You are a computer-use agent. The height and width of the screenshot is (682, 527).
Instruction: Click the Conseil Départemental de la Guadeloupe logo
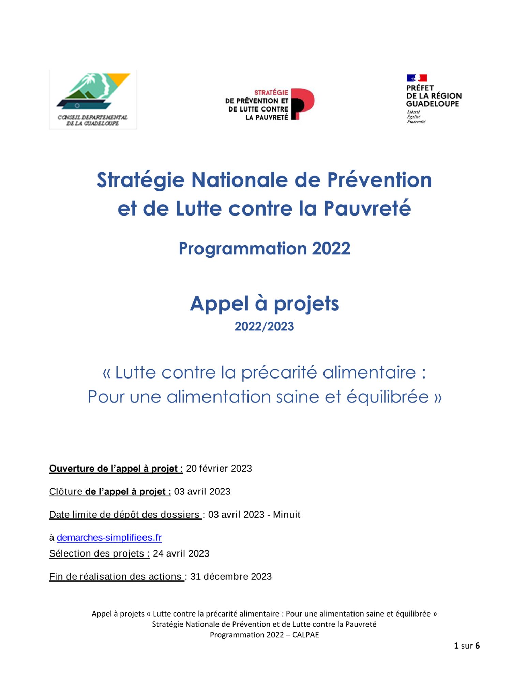tap(93, 99)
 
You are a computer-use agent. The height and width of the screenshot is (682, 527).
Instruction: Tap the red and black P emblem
tap(302, 104)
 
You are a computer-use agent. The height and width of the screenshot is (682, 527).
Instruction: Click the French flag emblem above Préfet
tap(417, 78)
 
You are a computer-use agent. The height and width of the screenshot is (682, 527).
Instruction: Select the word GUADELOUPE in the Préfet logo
tap(432, 104)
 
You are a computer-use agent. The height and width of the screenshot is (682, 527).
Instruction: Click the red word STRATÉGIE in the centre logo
tap(271, 92)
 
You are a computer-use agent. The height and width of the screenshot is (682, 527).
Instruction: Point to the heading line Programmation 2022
tap(264, 248)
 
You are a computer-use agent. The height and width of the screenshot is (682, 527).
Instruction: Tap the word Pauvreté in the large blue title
tap(367, 208)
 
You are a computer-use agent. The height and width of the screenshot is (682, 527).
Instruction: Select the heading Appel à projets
tap(264, 303)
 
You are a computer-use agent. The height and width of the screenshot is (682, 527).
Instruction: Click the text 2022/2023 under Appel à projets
tap(264, 326)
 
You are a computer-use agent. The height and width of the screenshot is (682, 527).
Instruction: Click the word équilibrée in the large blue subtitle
tap(388, 397)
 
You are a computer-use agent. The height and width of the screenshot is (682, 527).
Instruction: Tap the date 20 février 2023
tap(219, 468)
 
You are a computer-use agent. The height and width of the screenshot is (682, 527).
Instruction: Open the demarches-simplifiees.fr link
tap(109, 537)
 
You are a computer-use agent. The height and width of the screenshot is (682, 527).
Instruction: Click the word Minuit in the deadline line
tap(286, 514)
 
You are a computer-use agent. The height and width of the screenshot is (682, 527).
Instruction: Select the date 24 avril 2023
tap(181, 553)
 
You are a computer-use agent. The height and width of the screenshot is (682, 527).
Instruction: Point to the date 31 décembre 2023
tap(231, 576)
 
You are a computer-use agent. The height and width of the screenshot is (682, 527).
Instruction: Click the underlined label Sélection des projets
tap(99, 553)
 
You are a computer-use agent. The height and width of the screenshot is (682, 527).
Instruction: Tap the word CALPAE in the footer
tap(305, 635)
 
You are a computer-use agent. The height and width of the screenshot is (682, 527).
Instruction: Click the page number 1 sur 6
tap(467, 646)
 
